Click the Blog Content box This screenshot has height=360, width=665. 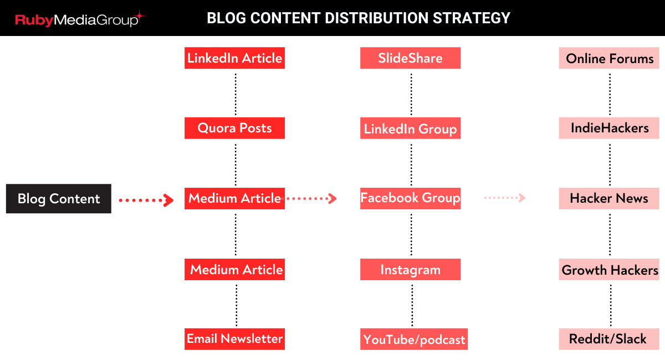[x=59, y=198]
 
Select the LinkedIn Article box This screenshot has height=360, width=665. [x=234, y=58]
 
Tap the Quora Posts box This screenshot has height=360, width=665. [x=234, y=128]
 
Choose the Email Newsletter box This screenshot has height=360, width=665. [x=234, y=339]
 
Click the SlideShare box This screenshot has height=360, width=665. [x=410, y=58]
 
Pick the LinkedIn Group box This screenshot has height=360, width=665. [x=410, y=128]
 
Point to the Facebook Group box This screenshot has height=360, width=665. [x=410, y=198]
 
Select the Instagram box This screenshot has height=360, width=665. [x=410, y=269]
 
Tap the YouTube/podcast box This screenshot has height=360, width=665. [x=414, y=339]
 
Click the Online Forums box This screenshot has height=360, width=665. [x=609, y=58]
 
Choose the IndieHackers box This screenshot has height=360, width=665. [x=609, y=128]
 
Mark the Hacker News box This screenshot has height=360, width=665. [x=609, y=198]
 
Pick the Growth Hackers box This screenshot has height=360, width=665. [x=609, y=269]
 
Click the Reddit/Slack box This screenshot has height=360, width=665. [x=609, y=339]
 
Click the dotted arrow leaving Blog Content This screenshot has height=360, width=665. [x=146, y=200]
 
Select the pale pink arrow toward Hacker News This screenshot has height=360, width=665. [x=505, y=198]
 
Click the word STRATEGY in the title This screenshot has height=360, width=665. [x=472, y=18]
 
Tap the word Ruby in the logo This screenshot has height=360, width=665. [x=34, y=20]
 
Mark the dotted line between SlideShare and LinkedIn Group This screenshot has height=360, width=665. [x=411, y=94]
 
